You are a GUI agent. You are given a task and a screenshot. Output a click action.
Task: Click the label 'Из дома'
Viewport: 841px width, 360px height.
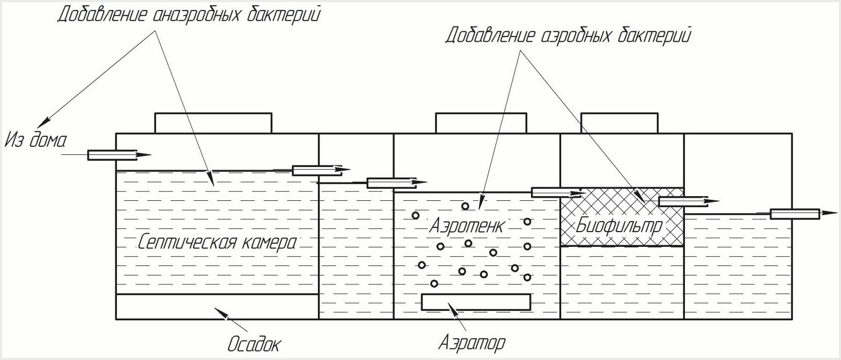[36, 141]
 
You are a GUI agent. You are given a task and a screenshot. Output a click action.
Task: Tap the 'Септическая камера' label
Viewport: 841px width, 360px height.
[217, 243]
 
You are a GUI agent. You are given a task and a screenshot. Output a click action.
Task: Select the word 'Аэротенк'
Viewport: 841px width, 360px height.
[466, 226]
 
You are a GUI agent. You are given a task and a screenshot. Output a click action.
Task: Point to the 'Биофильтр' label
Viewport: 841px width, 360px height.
[619, 226]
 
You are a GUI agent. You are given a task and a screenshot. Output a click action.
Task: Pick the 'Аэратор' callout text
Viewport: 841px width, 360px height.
[472, 343]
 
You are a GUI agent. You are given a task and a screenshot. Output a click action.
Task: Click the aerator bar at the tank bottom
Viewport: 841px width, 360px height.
[476, 302]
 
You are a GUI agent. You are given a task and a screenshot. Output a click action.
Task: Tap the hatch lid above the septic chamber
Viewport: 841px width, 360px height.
[213, 123]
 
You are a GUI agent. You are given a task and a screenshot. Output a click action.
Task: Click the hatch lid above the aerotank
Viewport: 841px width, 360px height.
[481, 123]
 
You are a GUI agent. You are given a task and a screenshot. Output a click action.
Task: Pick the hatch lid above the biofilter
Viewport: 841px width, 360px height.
[620, 123]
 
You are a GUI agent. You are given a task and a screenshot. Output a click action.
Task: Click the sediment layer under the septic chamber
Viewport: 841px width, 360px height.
[217, 307]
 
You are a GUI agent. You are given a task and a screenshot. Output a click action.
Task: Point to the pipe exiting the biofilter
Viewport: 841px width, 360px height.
[683, 201]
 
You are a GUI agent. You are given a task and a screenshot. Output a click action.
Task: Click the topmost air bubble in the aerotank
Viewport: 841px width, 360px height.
[465, 206]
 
